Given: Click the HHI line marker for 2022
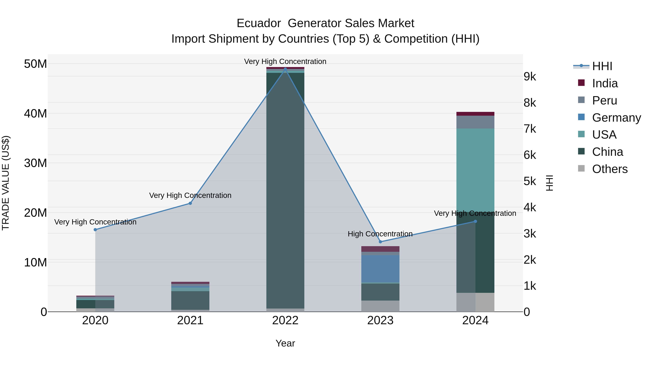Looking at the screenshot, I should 285,69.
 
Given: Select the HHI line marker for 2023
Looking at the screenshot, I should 380,242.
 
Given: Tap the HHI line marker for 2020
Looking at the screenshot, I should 95,230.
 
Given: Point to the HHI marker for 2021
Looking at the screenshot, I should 190,203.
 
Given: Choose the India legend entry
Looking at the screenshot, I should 605,83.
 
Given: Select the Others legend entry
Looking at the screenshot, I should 610,169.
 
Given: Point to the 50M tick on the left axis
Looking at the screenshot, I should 35,64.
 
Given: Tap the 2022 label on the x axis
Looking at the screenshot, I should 285,320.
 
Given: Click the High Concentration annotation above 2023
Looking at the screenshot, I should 380,234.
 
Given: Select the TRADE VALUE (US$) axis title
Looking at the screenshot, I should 6,183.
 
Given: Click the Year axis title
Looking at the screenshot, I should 285,343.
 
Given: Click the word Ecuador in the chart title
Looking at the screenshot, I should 259,23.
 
